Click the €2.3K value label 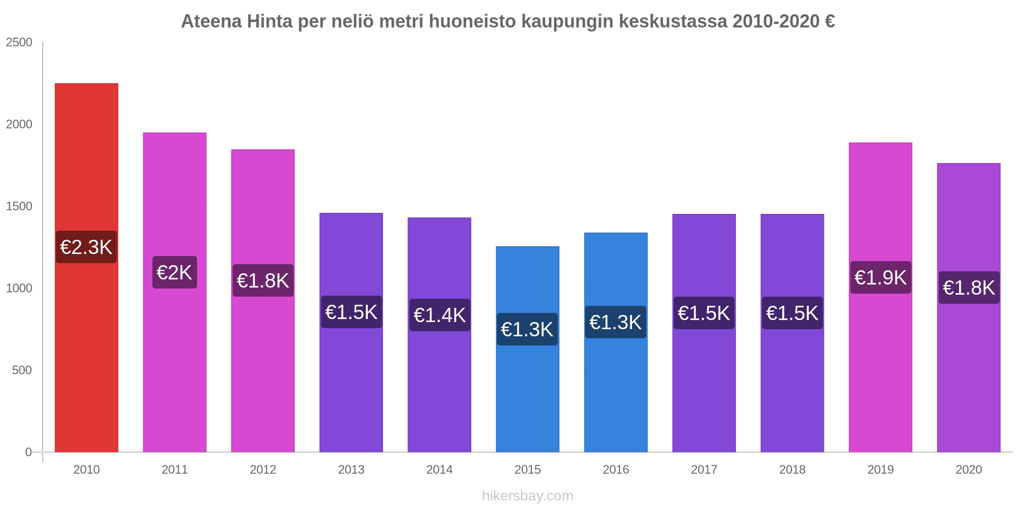(x=86, y=247)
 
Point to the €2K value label (x=174, y=273)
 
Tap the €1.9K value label (x=880, y=278)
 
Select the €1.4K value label (x=439, y=315)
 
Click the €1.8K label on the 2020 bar (x=969, y=288)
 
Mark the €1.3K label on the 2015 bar (x=527, y=330)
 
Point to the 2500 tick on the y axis (x=19, y=43)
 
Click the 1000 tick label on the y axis (x=19, y=289)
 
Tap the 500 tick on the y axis (x=22, y=370)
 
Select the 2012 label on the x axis (x=263, y=470)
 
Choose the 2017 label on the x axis (x=704, y=470)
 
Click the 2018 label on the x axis (x=792, y=470)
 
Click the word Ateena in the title (x=211, y=22)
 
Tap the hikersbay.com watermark (x=527, y=496)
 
